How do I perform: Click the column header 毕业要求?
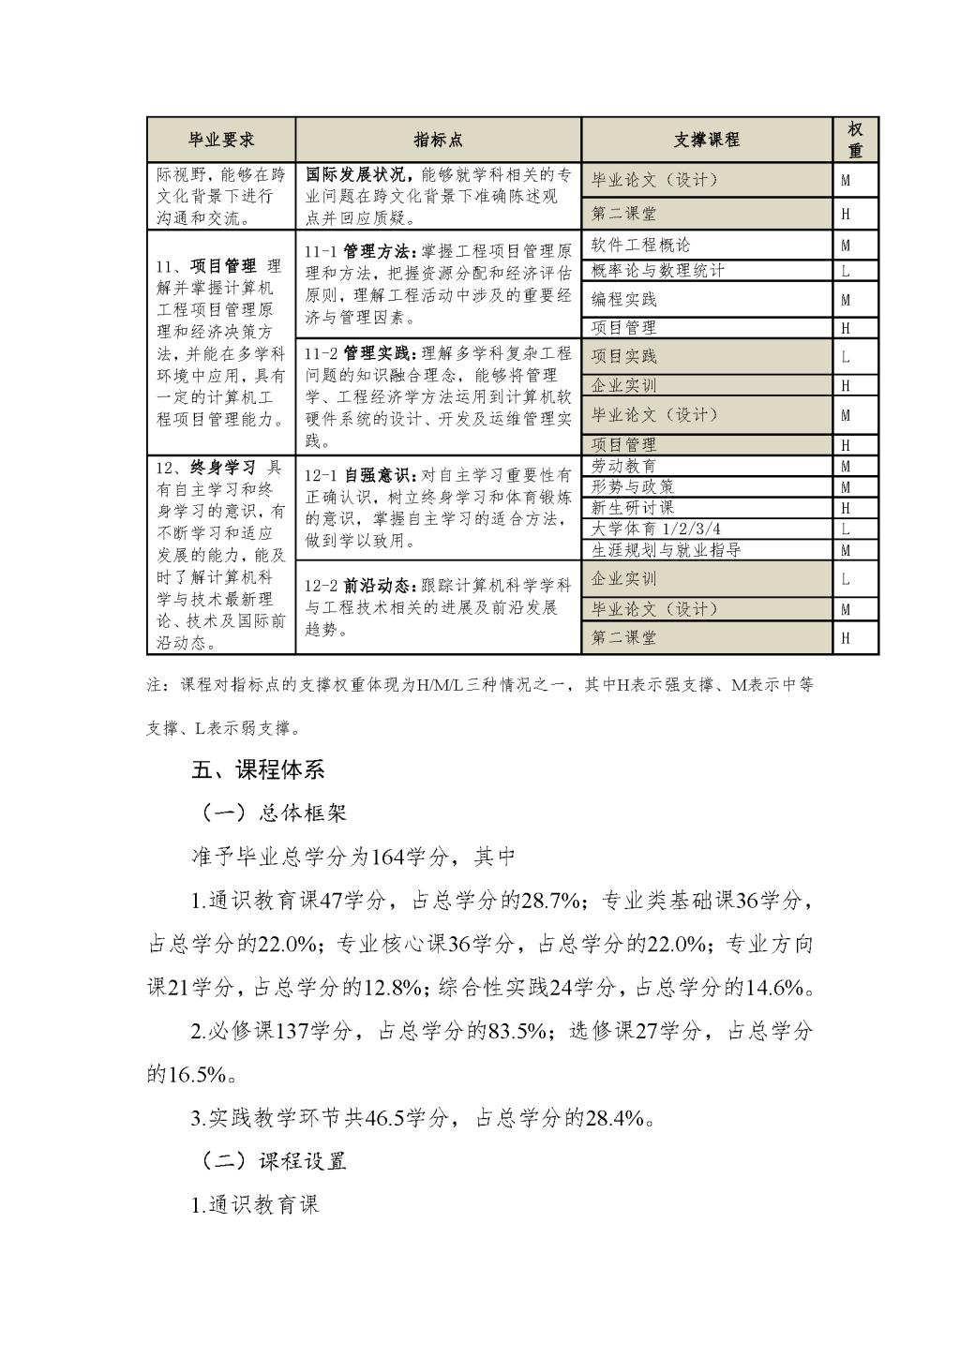point(221,140)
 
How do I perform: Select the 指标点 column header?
point(438,140)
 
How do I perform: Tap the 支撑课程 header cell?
point(706,140)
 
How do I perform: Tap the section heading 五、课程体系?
point(258,770)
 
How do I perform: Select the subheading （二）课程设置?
point(274,1161)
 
